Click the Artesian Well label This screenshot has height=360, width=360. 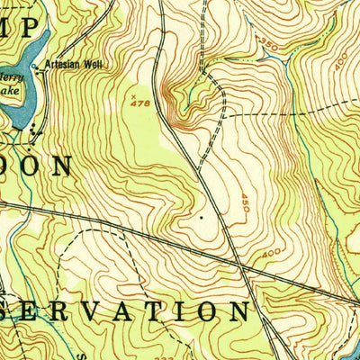click(71, 65)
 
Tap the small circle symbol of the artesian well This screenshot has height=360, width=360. click(37, 67)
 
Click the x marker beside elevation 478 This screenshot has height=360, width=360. click(133, 93)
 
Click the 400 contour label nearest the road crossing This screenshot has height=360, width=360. click(272, 255)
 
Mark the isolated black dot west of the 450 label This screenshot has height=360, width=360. click(202, 217)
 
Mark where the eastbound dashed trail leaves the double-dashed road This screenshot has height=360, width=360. click(222, 116)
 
